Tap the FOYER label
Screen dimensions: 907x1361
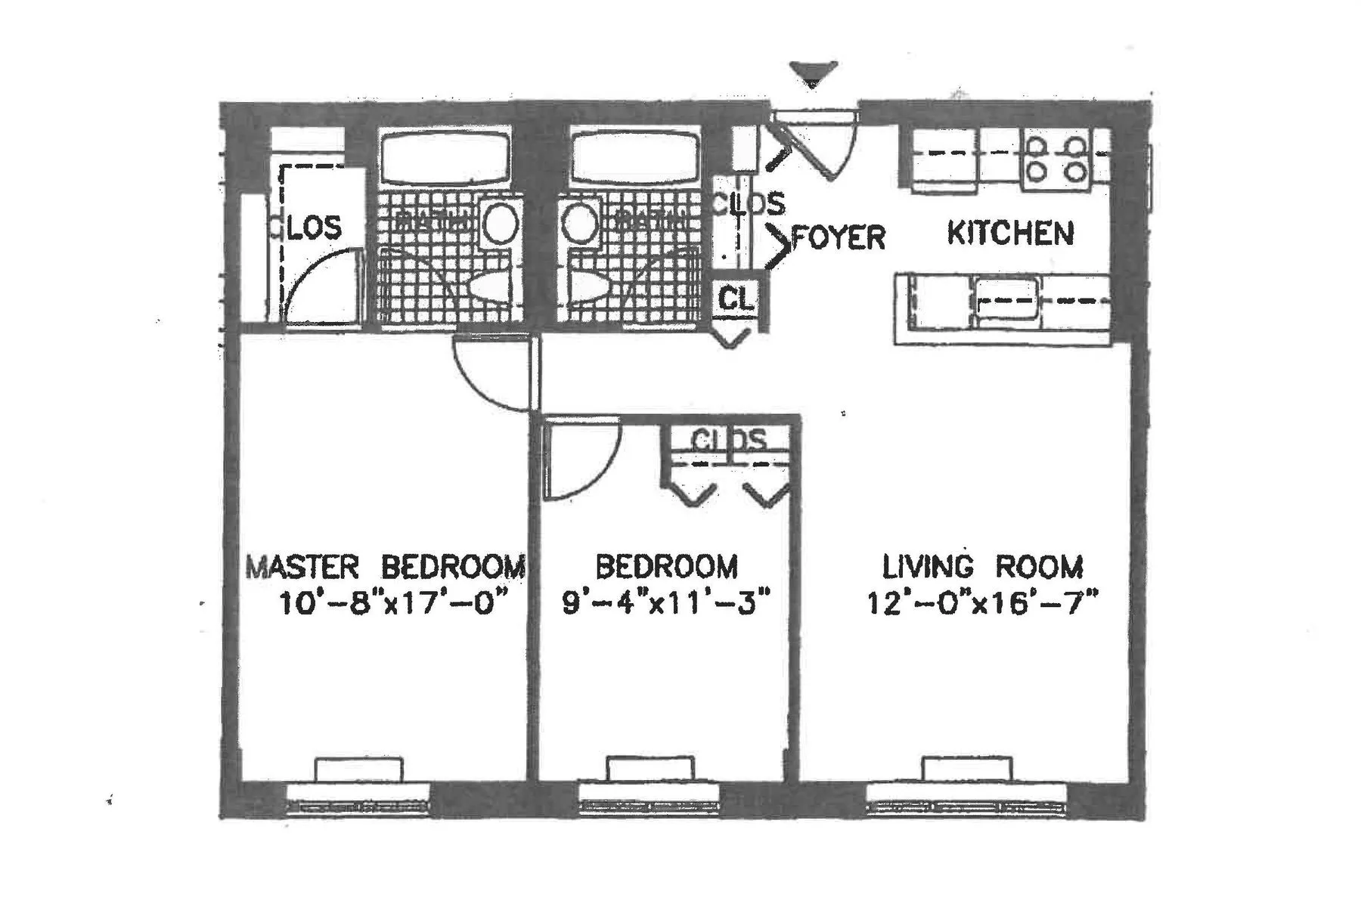(838, 237)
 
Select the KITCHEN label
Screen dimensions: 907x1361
(1010, 233)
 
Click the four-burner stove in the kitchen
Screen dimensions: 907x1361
(1056, 159)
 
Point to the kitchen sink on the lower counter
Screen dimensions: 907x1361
(1006, 300)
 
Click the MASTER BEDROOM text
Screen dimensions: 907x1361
(386, 566)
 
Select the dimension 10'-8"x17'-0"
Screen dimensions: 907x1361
(391, 604)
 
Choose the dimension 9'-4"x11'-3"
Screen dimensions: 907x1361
(666, 604)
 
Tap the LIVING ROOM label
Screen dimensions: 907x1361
(983, 566)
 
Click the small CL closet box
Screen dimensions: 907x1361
(736, 299)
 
